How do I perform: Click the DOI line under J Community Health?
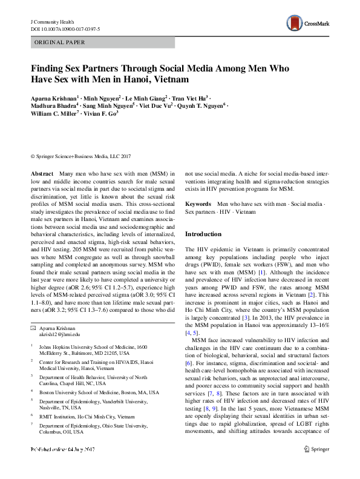click(65, 29)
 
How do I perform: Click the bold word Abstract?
click(41, 173)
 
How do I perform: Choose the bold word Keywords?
click(198, 205)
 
